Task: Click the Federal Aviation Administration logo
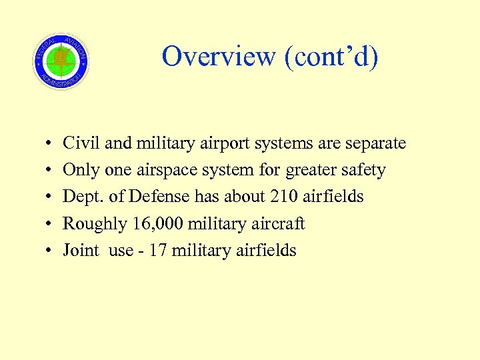click(x=61, y=61)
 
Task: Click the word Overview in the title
click(x=219, y=57)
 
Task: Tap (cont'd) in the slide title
click(x=331, y=57)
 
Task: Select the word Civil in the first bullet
click(x=79, y=143)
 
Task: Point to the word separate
click(x=375, y=144)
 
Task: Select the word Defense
click(x=161, y=197)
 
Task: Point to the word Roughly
click(x=94, y=224)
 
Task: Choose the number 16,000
click(x=160, y=224)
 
